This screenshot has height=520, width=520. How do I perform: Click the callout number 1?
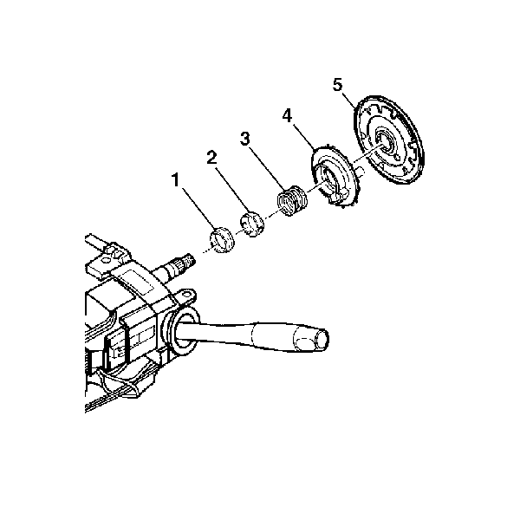coord(175,181)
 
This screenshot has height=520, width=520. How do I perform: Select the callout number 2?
coord(211,158)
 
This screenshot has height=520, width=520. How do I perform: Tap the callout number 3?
coord(245,139)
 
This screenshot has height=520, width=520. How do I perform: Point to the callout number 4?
coord(288,116)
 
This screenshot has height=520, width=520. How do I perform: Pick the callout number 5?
coord(338,85)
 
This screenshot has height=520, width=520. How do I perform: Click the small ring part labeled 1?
coord(221,240)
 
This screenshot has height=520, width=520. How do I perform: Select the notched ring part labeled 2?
coord(251,224)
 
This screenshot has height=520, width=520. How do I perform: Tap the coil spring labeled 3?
coord(292,201)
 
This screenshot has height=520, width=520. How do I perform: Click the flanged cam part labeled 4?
coord(335,176)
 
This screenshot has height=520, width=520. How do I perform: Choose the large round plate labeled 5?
coord(388,140)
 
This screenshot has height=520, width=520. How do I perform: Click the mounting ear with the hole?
coord(185,296)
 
